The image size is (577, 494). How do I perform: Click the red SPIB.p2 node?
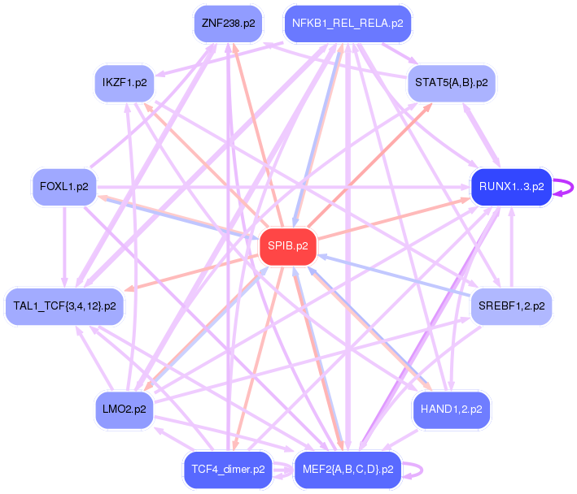pyautogui.click(x=288, y=246)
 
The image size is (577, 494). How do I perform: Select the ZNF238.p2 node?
pyautogui.click(x=228, y=24)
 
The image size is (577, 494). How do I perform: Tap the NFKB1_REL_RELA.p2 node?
pyautogui.click(x=348, y=24)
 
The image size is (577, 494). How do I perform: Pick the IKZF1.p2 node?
pyautogui.click(x=125, y=83)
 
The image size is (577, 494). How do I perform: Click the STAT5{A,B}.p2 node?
pyautogui.click(x=452, y=83)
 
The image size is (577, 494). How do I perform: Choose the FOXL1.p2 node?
pyautogui.click(x=64, y=187)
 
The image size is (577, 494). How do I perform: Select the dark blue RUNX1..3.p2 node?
pyautogui.click(x=512, y=187)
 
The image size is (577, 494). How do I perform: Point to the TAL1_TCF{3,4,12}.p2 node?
pyautogui.click(x=64, y=306)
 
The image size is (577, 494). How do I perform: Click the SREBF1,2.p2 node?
pyautogui.click(x=512, y=306)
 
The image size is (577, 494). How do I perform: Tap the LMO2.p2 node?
pyautogui.click(x=125, y=409)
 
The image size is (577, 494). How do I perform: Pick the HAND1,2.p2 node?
pyautogui.click(x=452, y=409)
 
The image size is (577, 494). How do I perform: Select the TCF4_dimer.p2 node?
pyautogui.click(x=228, y=470)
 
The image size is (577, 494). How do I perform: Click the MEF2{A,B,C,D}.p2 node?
pyautogui.click(x=348, y=470)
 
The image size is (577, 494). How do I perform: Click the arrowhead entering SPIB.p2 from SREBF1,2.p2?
pyautogui.click(x=321, y=257)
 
